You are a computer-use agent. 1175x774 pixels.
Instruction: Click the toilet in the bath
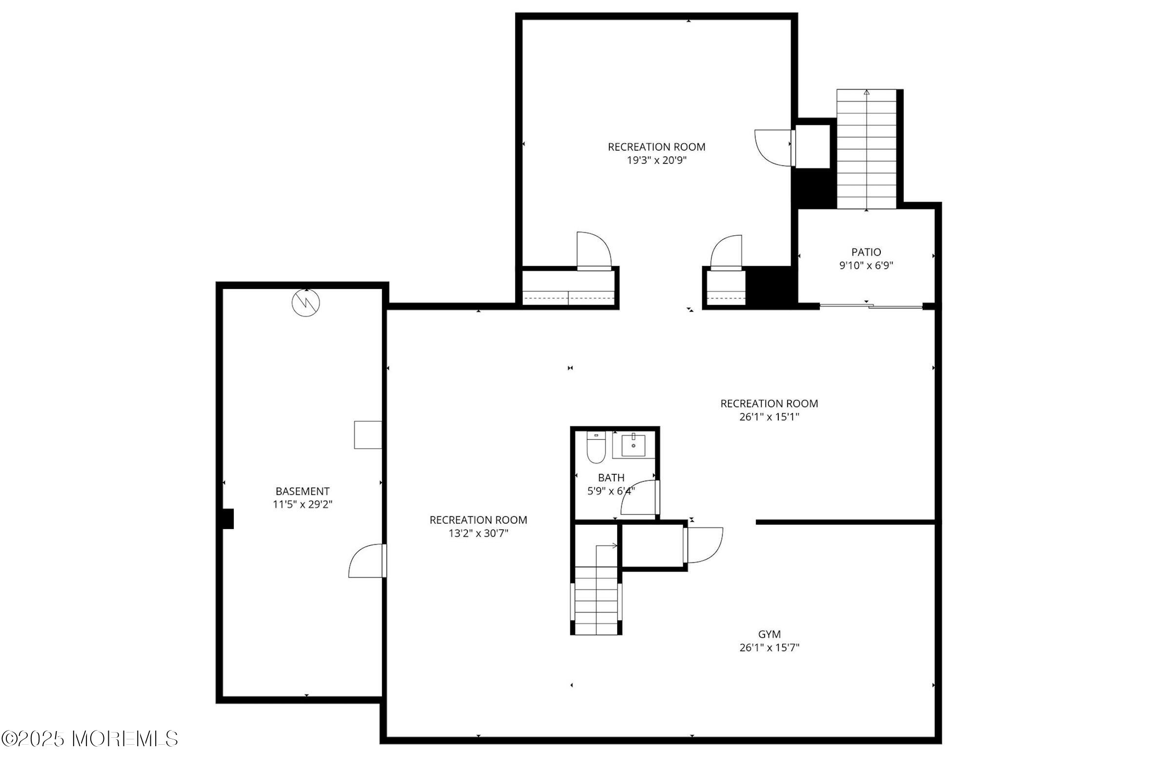(x=596, y=448)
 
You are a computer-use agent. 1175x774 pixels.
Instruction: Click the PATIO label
(x=866, y=252)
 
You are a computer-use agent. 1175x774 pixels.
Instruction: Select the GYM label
(x=769, y=634)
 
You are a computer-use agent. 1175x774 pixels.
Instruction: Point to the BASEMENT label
(x=302, y=491)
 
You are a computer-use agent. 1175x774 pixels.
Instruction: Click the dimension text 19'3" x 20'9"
(x=657, y=160)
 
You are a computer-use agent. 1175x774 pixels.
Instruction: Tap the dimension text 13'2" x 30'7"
(x=478, y=533)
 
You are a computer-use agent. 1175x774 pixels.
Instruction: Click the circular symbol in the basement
(x=306, y=303)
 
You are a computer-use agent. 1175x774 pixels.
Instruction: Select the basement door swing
(x=367, y=561)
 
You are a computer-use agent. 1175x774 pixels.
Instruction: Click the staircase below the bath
(x=596, y=600)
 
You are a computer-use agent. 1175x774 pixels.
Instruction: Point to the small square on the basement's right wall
(x=368, y=435)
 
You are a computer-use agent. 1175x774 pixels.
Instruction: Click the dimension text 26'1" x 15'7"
(x=769, y=648)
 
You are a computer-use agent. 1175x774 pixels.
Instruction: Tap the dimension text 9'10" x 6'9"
(x=866, y=265)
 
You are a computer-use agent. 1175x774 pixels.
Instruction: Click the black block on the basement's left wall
(x=227, y=519)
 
